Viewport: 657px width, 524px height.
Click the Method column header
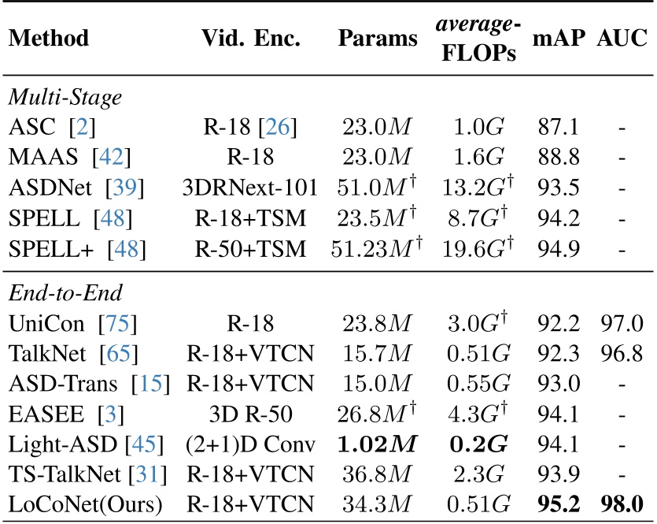[x=49, y=39]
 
